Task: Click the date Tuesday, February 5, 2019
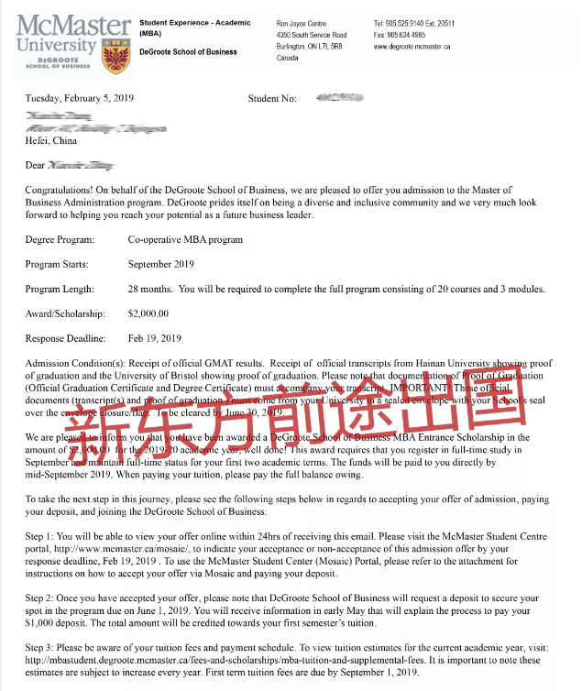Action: click(x=82, y=98)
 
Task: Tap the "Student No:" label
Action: click(x=272, y=98)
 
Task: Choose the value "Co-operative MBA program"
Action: click(x=185, y=240)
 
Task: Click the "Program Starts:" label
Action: click(x=60, y=265)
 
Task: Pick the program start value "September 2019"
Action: click(x=162, y=265)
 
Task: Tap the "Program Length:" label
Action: click(x=61, y=290)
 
